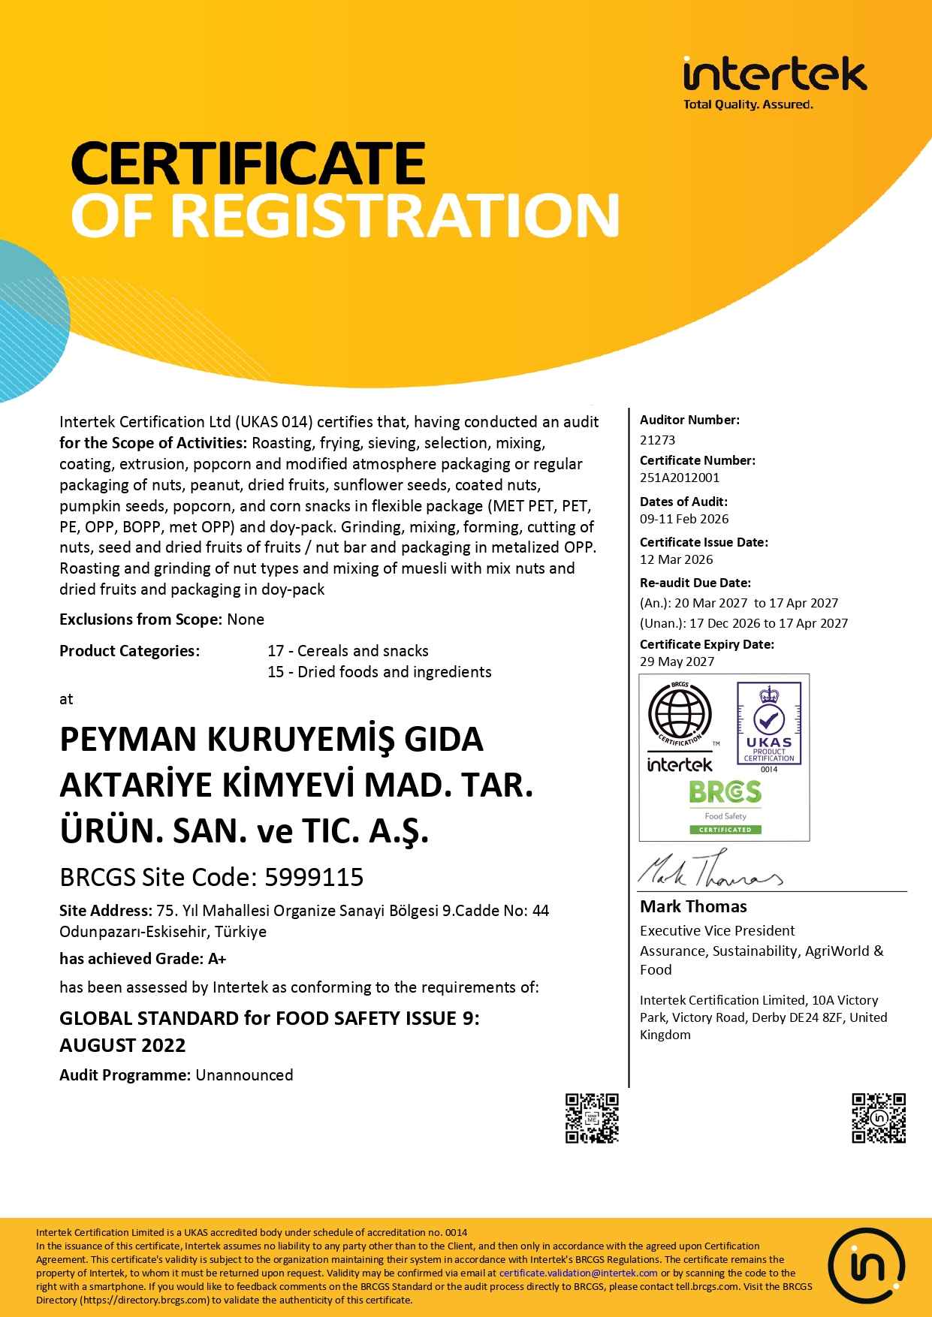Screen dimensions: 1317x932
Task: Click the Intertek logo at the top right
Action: tap(774, 81)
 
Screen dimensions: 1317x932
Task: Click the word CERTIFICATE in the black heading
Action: tap(249, 164)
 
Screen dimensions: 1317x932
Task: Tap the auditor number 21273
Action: tap(657, 440)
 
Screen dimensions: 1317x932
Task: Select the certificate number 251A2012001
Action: tap(679, 478)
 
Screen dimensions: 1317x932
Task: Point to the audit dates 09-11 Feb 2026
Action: tap(683, 519)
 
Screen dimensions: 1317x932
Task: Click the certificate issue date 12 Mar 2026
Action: tap(676, 559)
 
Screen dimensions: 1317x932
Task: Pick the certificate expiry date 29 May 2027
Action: tap(677, 662)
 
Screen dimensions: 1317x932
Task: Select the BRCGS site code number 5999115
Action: tap(314, 877)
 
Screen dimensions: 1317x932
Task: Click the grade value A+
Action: tap(217, 959)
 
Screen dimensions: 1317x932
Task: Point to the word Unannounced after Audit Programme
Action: tap(244, 1075)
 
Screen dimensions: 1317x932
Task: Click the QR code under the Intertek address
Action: tap(878, 1118)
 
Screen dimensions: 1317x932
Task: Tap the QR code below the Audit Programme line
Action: tap(592, 1118)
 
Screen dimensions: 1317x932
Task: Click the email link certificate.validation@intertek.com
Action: tap(578, 1273)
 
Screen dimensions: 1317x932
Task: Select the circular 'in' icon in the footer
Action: tap(866, 1267)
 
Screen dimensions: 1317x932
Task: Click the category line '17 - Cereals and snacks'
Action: tap(348, 651)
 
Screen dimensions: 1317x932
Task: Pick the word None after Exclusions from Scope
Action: tap(246, 619)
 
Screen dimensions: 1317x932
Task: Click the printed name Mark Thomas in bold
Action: tap(693, 906)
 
